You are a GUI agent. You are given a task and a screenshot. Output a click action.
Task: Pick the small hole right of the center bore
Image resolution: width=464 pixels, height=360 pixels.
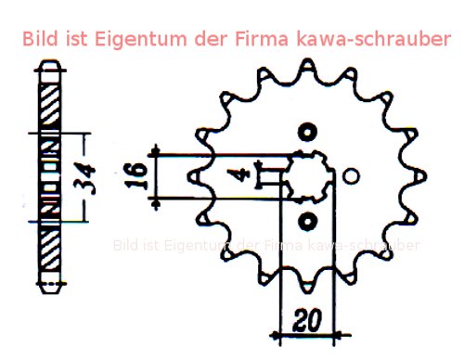pyautogui.click(x=351, y=175)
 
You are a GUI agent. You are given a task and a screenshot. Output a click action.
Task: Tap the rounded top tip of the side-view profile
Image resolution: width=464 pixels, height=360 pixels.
pyautogui.click(x=51, y=67)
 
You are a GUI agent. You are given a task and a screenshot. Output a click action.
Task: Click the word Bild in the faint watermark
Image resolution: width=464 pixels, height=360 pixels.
pyautogui.click(x=127, y=246)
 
